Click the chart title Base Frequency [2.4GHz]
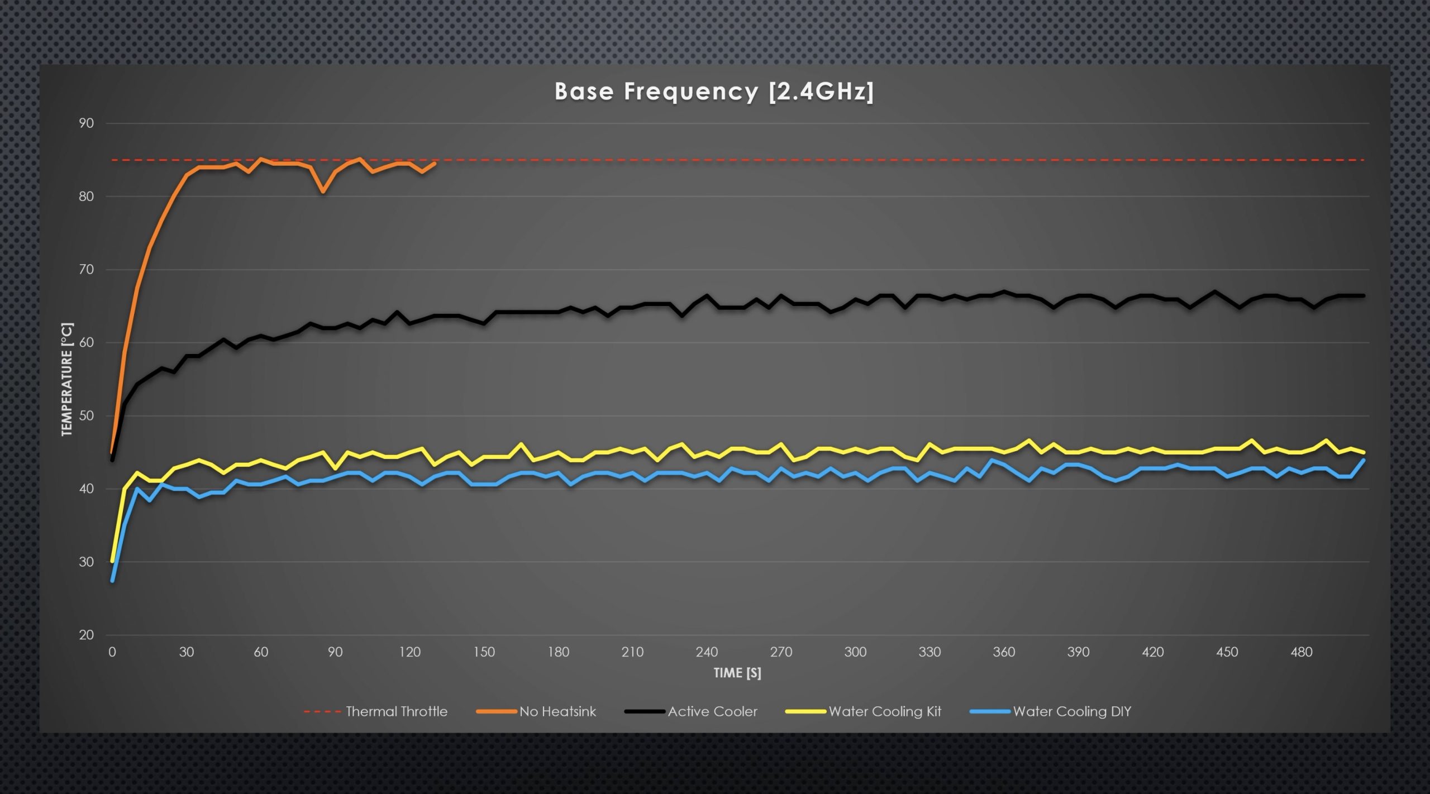point(714,92)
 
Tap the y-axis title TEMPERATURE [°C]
point(67,379)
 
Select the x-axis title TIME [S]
point(737,673)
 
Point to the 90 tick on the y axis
point(86,123)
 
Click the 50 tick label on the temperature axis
point(86,416)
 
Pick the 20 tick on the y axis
point(86,635)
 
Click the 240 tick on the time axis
point(707,652)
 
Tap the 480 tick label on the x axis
point(1301,652)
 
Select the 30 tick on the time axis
point(187,652)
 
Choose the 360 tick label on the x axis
point(1004,652)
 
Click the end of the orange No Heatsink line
point(435,163)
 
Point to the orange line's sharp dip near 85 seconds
point(323,192)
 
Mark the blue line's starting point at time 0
point(112,581)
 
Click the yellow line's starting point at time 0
point(112,561)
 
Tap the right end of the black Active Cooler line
point(1364,295)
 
